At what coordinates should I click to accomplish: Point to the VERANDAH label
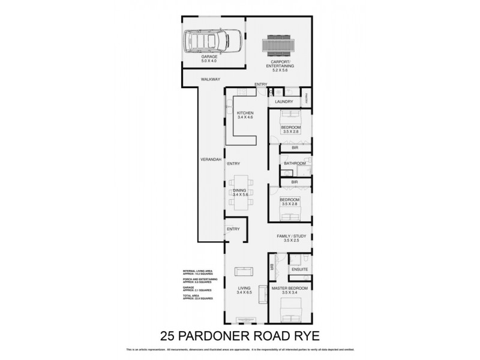(x=211, y=158)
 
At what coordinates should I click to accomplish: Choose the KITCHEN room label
(x=245, y=113)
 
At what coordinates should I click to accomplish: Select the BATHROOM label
(x=295, y=163)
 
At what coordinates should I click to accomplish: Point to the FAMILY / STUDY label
(x=292, y=236)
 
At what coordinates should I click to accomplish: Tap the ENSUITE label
(x=300, y=269)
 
